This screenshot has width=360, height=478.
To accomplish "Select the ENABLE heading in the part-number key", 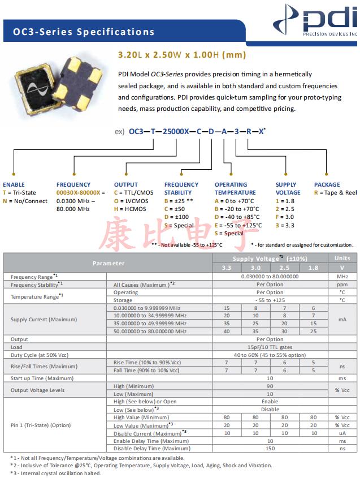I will click(14, 184).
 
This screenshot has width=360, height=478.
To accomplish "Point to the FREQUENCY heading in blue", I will click(73, 184).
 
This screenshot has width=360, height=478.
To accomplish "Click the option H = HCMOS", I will click(130, 209).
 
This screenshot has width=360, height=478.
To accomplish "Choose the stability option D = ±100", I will click(179, 217).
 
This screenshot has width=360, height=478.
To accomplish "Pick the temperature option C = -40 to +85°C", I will click(237, 217).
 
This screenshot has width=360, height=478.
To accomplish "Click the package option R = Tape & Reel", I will click(336, 193).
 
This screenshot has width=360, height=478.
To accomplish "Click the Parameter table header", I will click(109, 263).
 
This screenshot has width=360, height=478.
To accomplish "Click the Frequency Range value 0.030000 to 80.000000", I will click(270, 277).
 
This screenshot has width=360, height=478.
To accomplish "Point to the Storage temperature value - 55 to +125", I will click(270, 300).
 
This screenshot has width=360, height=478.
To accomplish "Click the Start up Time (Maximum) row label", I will click(42, 378).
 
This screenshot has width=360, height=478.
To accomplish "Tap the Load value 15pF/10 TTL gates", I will click(270, 347).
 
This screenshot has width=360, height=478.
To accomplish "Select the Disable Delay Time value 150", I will click(270, 449).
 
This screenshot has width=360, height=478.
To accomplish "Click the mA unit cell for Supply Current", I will click(342, 320).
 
